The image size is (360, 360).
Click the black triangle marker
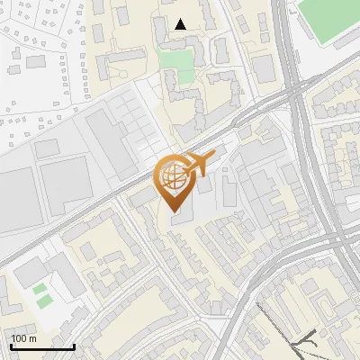pyautogui.click(x=181, y=24)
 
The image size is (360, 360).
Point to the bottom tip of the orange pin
pyautogui.click(x=174, y=212)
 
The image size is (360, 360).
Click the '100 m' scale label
pyautogui.click(x=24, y=337)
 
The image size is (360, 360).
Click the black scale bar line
pyautogui.click(x=42, y=346)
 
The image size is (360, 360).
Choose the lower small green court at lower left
pyautogui.click(x=40, y=302)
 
